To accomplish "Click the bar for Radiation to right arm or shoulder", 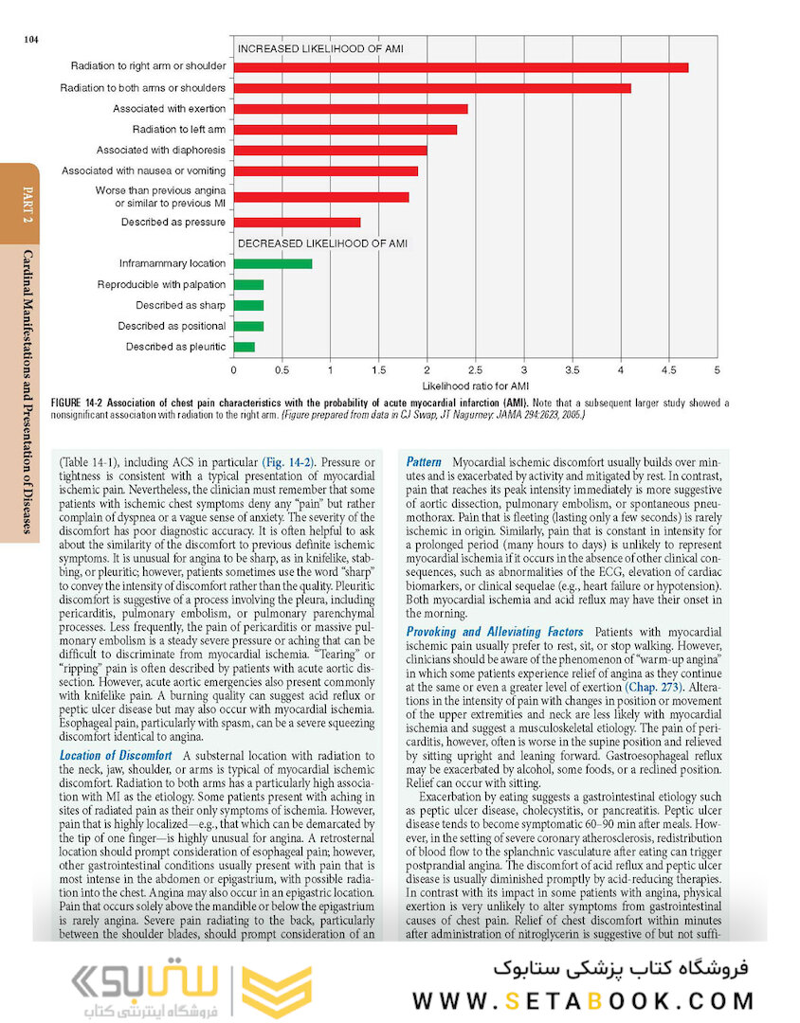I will click(x=461, y=67).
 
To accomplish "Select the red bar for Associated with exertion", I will click(x=350, y=109).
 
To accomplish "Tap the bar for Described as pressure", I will click(x=297, y=223).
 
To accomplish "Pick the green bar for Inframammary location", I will click(x=273, y=263).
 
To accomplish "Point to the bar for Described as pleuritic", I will click(x=245, y=347).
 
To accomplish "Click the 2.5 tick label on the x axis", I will click(x=476, y=368).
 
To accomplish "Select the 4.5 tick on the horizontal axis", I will click(x=669, y=368).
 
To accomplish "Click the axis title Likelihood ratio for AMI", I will click(x=475, y=386).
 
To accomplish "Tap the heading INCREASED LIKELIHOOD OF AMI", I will click(x=323, y=47).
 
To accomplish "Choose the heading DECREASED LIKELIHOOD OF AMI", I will click(x=322, y=243).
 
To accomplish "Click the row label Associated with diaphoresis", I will click(x=161, y=150).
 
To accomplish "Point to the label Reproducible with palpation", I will click(x=161, y=284).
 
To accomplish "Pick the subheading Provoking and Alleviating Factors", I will click(x=495, y=632).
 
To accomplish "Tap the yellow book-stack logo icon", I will click(x=275, y=990).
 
